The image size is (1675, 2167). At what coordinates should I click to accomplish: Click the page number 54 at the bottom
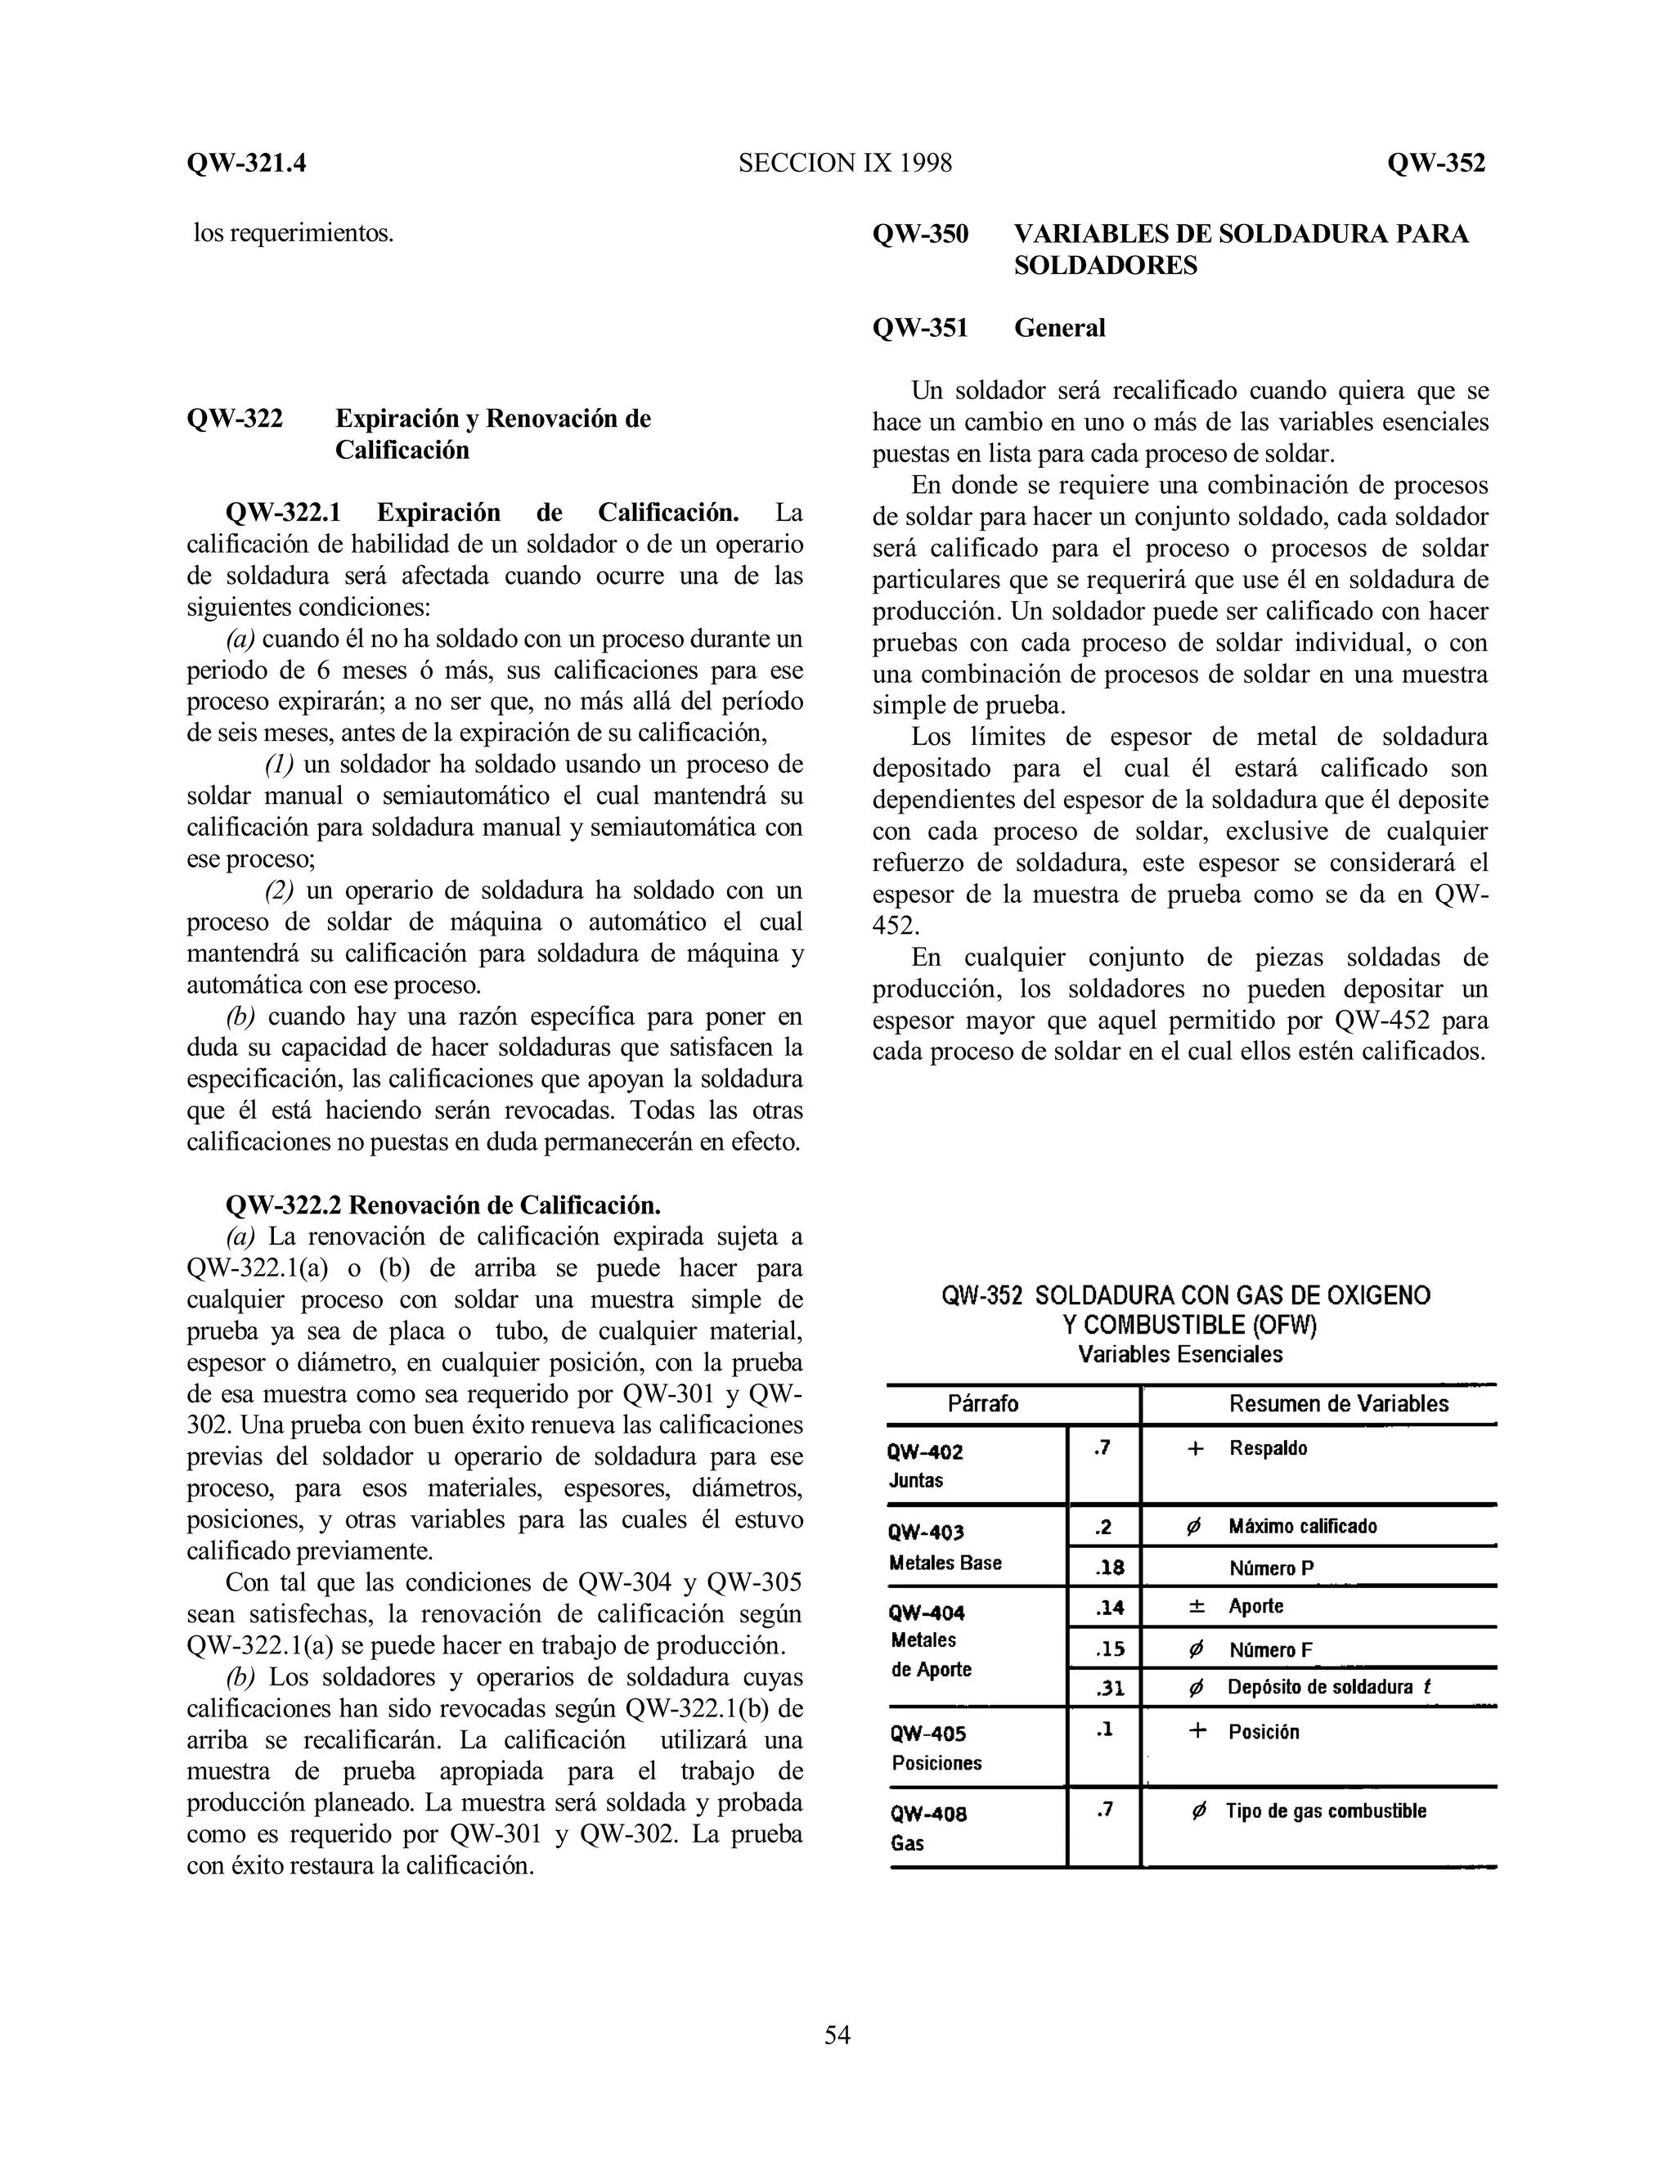(x=837, y=2035)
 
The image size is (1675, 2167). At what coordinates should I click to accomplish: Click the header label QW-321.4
(x=246, y=163)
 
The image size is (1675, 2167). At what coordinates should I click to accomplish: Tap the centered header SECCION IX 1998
(x=844, y=163)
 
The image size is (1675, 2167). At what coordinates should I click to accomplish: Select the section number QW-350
(x=920, y=234)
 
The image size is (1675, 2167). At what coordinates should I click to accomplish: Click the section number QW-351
(x=920, y=329)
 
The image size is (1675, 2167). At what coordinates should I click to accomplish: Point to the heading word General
(x=1059, y=329)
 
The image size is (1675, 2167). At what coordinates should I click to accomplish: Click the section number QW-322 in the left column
(x=236, y=419)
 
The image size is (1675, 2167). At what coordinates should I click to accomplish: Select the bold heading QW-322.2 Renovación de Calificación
(x=442, y=1205)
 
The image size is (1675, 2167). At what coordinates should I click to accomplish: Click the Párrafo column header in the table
(x=982, y=1404)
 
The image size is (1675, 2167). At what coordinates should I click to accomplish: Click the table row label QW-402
(x=925, y=1452)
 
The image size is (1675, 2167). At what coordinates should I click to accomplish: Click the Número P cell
(x=1270, y=1568)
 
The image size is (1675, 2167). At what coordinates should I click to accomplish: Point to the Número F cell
(x=1270, y=1650)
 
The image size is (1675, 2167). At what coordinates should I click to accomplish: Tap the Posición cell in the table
(x=1263, y=1733)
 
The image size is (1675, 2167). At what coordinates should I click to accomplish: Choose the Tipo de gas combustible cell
(x=1325, y=1810)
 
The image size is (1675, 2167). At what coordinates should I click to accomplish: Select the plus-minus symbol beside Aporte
(x=1197, y=1606)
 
